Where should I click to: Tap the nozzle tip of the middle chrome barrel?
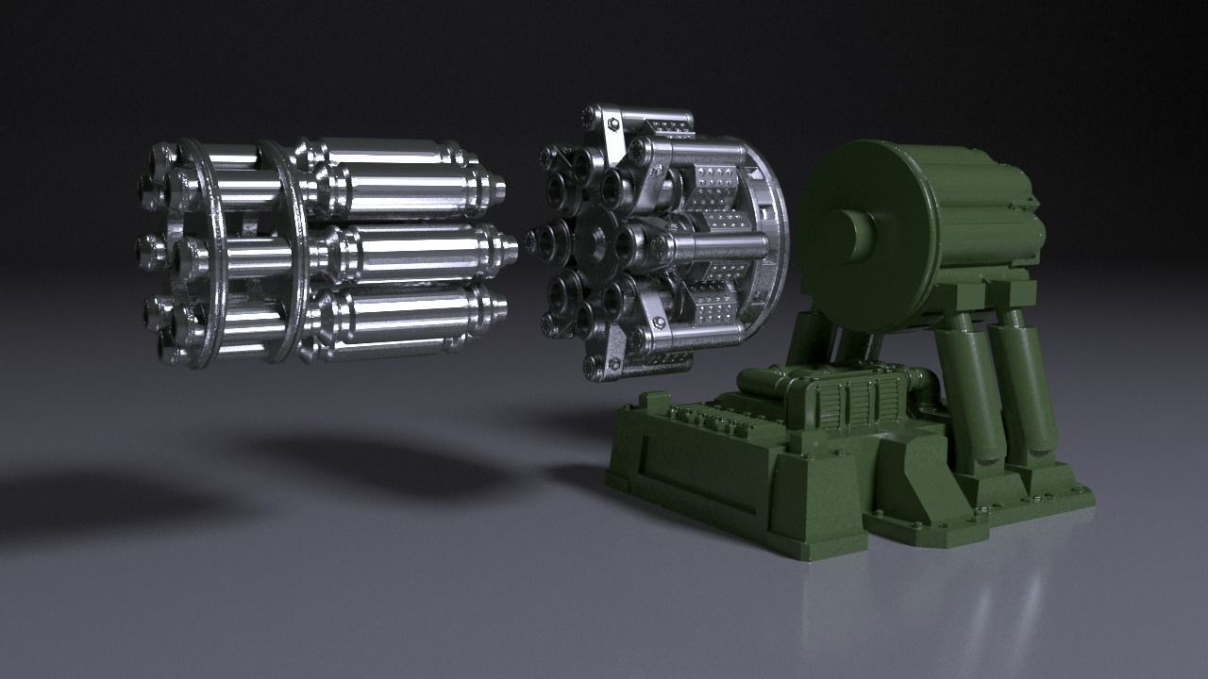pos(510,247)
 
